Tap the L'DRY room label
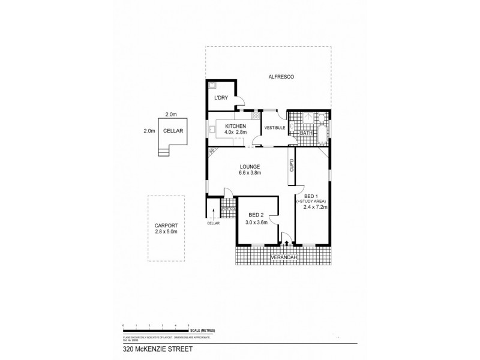220,98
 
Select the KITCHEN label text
236,126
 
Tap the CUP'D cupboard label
292,166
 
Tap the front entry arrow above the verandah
287,243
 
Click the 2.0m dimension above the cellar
171,114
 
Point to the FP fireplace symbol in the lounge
212,152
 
